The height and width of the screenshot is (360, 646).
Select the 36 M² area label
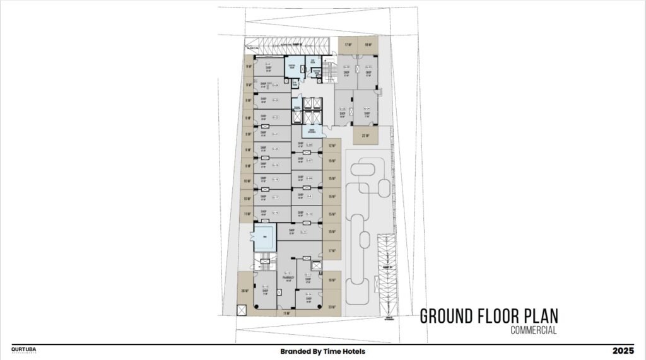pyautogui.click(x=245, y=291)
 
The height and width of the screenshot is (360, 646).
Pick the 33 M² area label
pyautogui.click(x=332, y=307)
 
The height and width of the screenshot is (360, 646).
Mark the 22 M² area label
pyautogui.click(x=365, y=136)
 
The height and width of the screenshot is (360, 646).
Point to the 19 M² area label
pyautogui.click(x=332, y=279)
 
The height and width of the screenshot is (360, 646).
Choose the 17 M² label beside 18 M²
pyautogui.click(x=348, y=45)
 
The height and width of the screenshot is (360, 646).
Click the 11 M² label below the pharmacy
pyautogui.click(x=286, y=313)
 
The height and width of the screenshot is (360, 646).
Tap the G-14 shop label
pyautogui.click(x=309, y=294)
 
